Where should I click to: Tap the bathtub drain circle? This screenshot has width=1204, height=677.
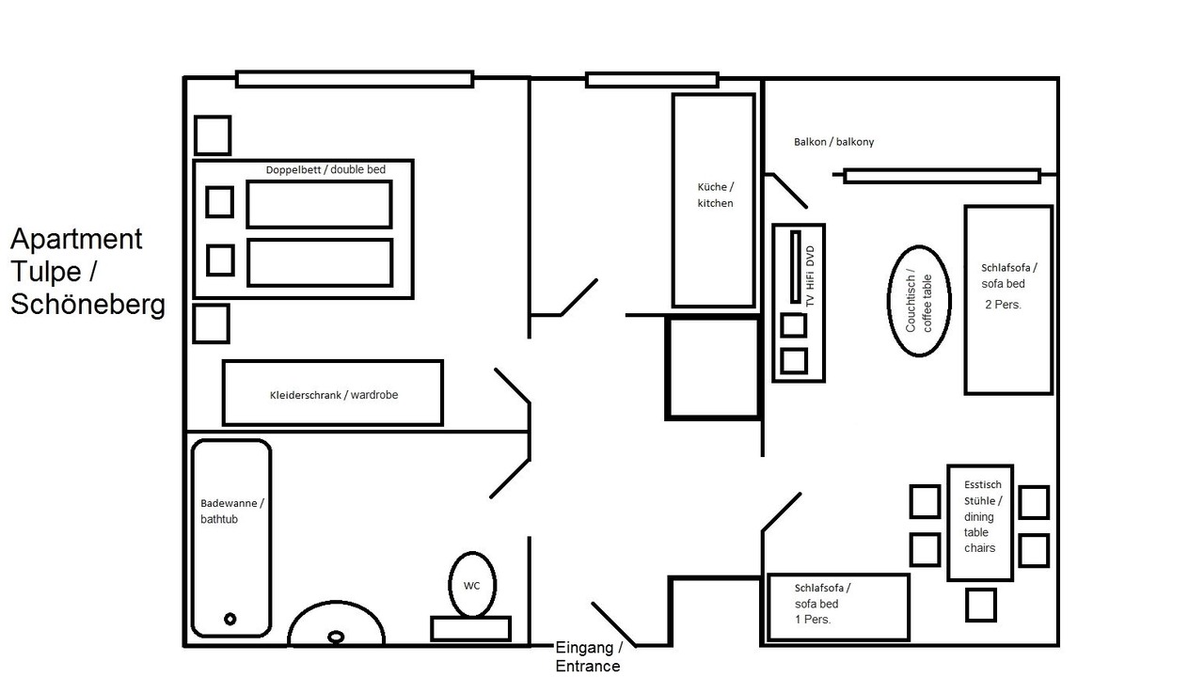pyautogui.click(x=230, y=619)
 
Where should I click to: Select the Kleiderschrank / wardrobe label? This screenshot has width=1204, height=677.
pyautogui.click(x=334, y=395)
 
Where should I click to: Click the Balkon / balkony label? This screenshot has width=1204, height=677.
pyautogui.click(x=833, y=142)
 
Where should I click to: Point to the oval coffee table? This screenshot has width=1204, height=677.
pyautogui.click(x=889, y=301)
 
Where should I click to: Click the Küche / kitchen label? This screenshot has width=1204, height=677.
pyautogui.click(x=716, y=195)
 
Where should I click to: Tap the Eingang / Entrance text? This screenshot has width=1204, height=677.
pyautogui.click(x=589, y=656)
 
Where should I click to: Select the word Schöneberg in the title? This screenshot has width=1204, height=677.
pyautogui.click(x=87, y=304)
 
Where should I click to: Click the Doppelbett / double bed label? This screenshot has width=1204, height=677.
pyautogui.click(x=325, y=170)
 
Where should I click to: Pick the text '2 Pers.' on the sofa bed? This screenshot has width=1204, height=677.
pyautogui.click(x=1003, y=305)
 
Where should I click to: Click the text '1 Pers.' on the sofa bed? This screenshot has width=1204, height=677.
pyautogui.click(x=813, y=620)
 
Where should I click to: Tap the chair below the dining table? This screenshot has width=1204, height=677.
pyautogui.click(x=981, y=605)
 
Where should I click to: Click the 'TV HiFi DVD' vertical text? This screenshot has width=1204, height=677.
pyautogui.click(x=810, y=276)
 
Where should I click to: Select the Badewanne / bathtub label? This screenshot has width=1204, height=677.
pyautogui.click(x=231, y=511)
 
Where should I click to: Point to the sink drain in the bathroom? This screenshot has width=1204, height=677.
pyautogui.click(x=336, y=638)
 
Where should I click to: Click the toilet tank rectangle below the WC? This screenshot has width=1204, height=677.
pyautogui.click(x=471, y=629)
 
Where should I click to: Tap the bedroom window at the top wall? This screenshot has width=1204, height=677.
pyautogui.click(x=355, y=79)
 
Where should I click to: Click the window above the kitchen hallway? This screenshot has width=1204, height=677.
pyautogui.click(x=652, y=80)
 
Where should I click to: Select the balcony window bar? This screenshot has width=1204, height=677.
pyautogui.click(x=942, y=176)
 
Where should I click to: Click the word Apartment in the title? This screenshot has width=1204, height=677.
pyautogui.click(x=76, y=239)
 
